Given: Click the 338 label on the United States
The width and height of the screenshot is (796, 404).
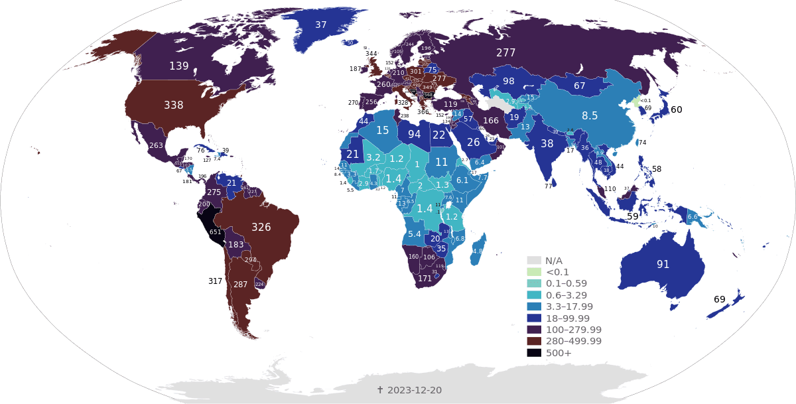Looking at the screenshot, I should (x=174, y=105).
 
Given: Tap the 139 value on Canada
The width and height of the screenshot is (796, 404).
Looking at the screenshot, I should (x=179, y=66).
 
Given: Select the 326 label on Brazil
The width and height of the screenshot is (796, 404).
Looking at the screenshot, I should (x=261, y=228).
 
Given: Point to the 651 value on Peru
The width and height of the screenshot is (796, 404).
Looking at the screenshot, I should (x=216, y=232).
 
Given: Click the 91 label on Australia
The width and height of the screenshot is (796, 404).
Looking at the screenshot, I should (x=663, y=264).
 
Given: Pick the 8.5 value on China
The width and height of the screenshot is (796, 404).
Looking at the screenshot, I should (x=590, y=115).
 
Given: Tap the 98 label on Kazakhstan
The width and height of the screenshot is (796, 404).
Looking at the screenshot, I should (x=509, y=82).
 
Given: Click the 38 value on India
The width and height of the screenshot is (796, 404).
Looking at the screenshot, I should (x=547, y=143).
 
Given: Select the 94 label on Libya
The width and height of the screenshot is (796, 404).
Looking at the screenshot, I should (x=415, y=135).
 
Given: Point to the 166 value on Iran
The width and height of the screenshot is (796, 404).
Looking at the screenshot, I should (x=491, y=121).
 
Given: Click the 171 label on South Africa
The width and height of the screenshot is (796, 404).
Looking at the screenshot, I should (x=425, y=279).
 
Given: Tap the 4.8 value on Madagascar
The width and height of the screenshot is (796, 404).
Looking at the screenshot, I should (x=478, y=251).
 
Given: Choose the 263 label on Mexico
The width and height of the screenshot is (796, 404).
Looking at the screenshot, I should (x=156, y=146).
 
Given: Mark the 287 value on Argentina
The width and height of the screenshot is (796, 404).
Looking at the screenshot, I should (x=240, y=285).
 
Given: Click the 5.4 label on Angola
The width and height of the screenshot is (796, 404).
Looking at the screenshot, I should (x=415, y=234).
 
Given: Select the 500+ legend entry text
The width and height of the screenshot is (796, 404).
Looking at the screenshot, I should (x=559, y=353).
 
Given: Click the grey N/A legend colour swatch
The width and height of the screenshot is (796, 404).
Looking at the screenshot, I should (x=535, y=261).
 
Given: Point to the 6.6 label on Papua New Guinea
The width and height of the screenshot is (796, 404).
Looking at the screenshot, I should (x=693, y=217).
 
